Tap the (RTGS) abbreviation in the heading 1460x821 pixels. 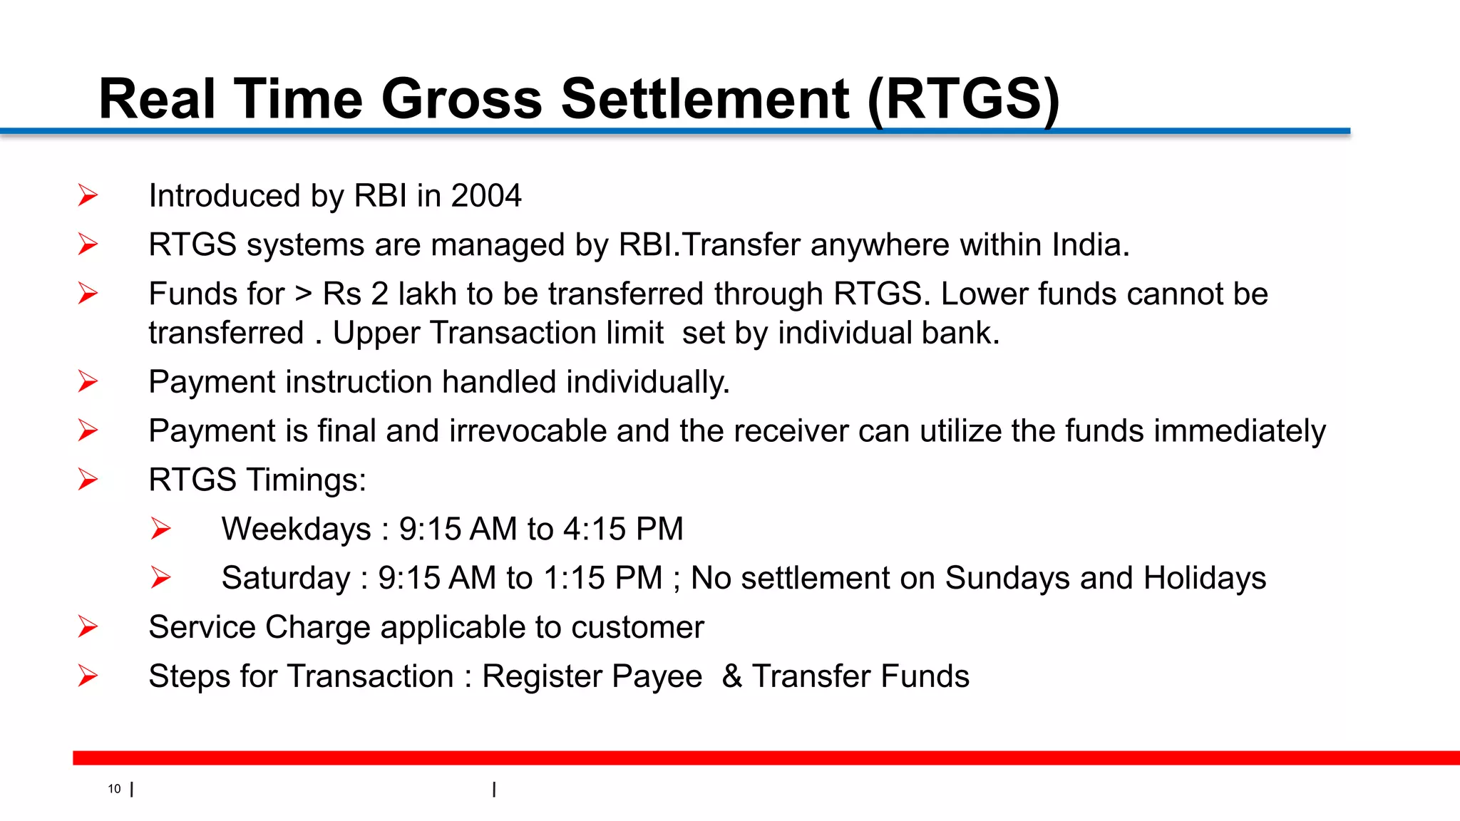964,98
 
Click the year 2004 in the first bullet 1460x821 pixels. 486,196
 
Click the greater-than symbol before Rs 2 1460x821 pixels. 304,294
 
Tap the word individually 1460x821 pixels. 648,383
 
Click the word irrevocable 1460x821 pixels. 528,431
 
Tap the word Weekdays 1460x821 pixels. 297,530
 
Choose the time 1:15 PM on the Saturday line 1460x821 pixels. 602,578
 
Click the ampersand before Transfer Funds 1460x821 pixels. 732,676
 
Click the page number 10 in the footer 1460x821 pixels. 115,789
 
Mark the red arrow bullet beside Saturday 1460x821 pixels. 161,577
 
